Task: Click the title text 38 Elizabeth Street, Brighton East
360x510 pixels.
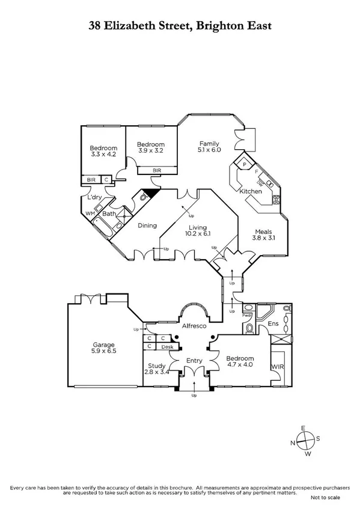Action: pos(180,26)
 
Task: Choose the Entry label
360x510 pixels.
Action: pos(194,360)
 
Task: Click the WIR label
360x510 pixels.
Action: pos(278,366)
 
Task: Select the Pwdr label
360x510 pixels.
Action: pos(247,315)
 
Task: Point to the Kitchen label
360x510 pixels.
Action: pos(251,191)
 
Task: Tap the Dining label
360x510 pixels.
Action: pos(147,226)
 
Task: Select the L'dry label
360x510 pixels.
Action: pos(94,197)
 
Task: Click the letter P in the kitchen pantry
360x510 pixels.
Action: pos(245,164)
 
